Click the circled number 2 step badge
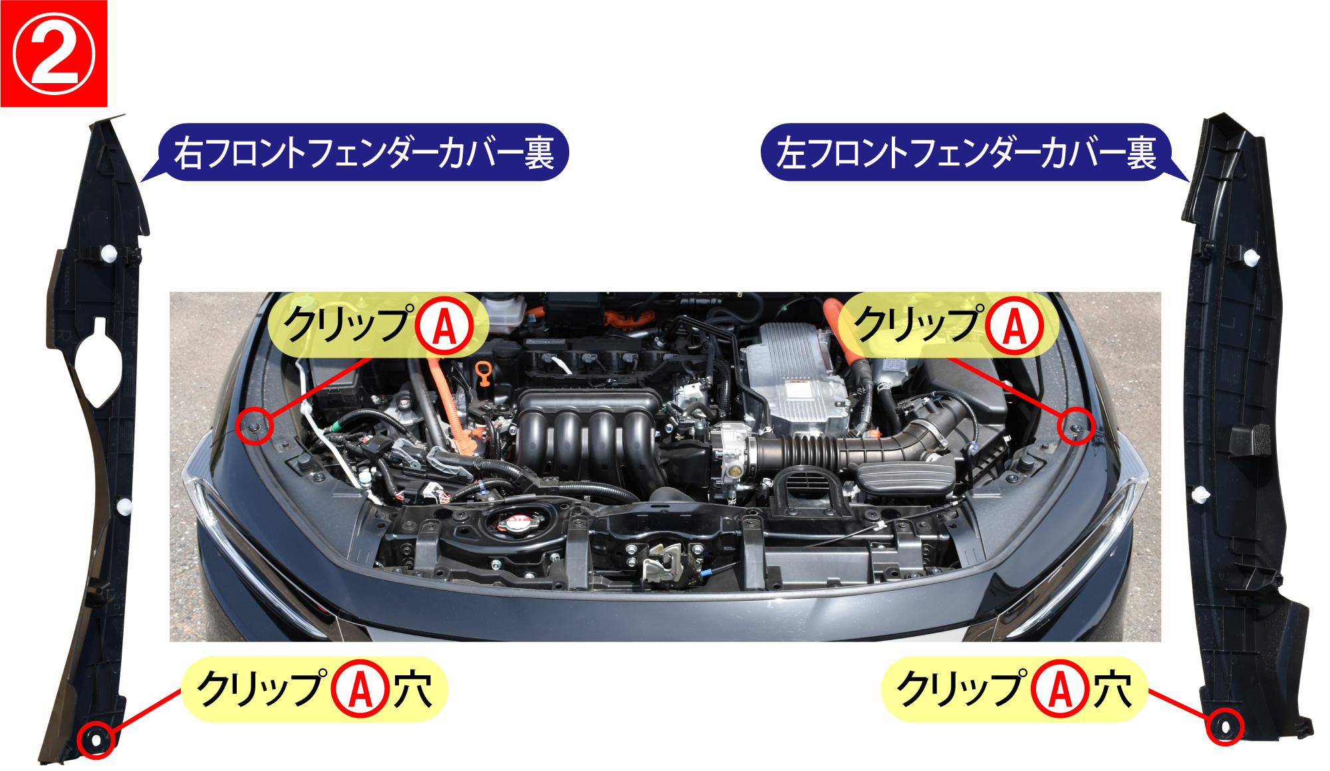54,54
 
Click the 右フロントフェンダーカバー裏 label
364,152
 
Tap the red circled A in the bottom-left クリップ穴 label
360,689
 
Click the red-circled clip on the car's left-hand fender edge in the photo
254,426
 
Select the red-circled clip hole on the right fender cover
96,740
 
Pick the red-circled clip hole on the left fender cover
1224,726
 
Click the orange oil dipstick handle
483,374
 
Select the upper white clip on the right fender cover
108,254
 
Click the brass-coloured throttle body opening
733,471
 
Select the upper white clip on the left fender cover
1251,258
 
